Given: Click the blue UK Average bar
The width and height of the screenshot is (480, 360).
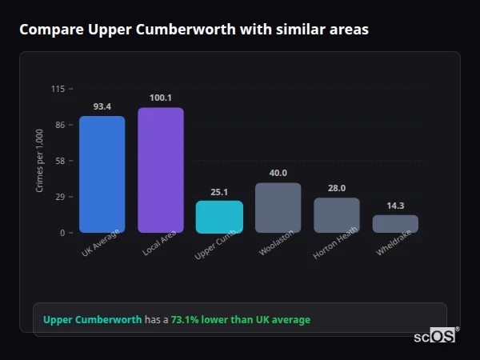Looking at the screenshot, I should (102, 174).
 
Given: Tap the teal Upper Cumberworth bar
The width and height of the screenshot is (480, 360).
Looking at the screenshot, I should (219, 217).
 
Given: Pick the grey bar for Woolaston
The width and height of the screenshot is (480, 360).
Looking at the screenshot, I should (278, 208).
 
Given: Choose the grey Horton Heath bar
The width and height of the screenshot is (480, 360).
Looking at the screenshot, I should (336, 215).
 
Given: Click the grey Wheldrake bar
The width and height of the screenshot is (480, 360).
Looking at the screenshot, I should (395, 224).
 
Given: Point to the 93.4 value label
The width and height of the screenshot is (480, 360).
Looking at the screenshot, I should (102, 106).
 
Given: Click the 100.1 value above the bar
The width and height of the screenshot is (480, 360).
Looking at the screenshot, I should (160, 98).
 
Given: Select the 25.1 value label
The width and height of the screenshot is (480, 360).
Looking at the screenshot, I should (219, 192).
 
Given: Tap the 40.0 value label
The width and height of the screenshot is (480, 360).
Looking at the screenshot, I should (278, 173).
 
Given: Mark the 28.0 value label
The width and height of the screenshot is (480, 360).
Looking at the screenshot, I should (336, 188).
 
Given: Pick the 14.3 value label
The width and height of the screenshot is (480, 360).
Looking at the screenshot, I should (395, 206).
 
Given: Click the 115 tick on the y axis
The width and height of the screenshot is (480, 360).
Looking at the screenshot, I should (58, 89).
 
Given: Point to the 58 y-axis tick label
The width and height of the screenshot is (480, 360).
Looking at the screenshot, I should (60, 161).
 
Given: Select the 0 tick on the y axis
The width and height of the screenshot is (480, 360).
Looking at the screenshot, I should (62, 233).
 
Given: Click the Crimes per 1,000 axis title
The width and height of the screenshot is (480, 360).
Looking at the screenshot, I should (39, 161).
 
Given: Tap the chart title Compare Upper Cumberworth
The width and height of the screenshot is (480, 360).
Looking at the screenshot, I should (194, 30).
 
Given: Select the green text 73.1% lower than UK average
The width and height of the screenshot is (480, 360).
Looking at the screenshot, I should (240, 320).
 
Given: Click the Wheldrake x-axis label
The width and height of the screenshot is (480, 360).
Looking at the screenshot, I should (394, 246).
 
